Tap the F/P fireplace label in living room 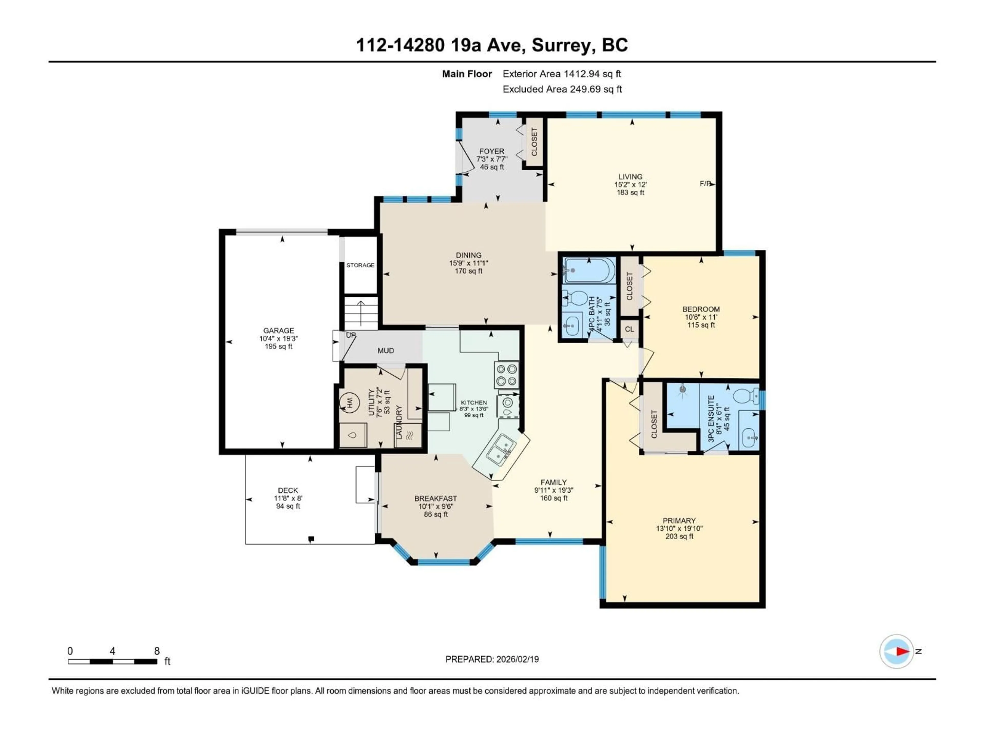[705, 183]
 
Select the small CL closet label [629, 329]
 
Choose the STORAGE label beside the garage [360, 265]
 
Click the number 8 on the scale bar [157, 651]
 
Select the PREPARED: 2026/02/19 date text [492, 659]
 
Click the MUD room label [386, 351]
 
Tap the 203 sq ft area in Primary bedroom [679, 536]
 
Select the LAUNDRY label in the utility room [399, 422]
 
